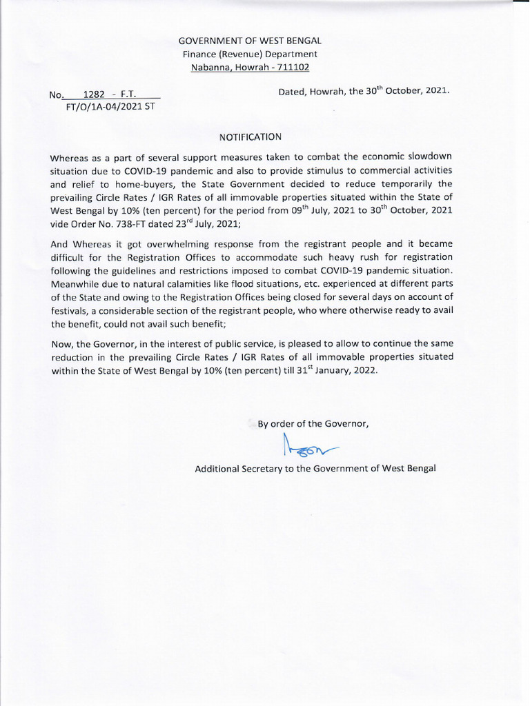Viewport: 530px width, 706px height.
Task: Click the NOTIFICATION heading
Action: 251,137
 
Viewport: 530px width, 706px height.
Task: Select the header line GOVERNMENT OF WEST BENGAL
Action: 250,41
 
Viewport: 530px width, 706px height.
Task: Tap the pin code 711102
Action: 291,67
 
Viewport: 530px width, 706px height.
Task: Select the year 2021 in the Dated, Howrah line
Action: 436,90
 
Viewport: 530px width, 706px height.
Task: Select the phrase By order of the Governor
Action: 313,424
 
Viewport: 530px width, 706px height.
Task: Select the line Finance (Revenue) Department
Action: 250,54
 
